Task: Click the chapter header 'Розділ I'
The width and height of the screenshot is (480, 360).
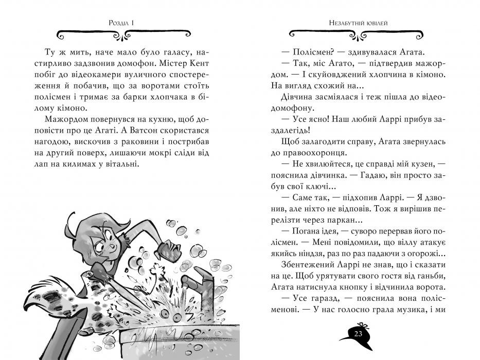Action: click(x=126, y=23)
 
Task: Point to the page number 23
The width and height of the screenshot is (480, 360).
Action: click(x=357, y=335)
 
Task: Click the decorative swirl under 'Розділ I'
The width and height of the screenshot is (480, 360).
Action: click(x=126, y=35)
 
